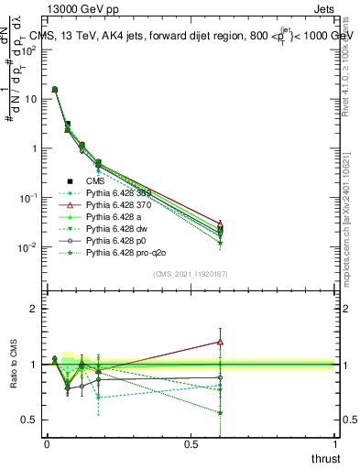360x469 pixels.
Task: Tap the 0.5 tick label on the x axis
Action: tap(191, 444)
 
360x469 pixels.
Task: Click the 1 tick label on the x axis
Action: tap(335, 444)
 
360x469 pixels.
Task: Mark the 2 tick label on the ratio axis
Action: tap(33, 309)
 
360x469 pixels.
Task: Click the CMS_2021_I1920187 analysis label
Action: tap(191, 274)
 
